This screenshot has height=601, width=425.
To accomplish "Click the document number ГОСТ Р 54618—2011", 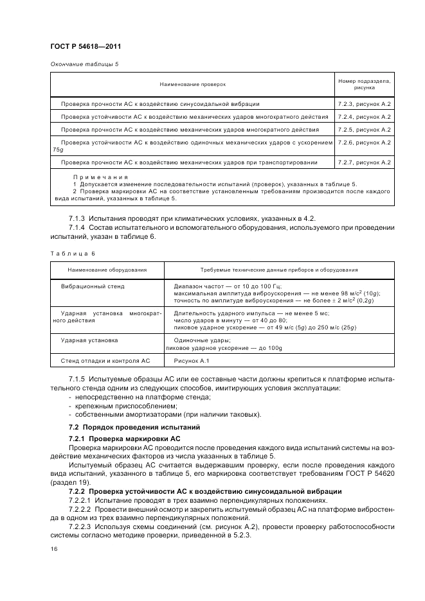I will tap(86, 47).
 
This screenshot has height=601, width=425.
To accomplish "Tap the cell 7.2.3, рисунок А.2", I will tap(364, 103).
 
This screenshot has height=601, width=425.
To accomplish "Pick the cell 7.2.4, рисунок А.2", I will tap(364, 117).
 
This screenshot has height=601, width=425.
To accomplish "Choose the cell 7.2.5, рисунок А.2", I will tap(364, 130).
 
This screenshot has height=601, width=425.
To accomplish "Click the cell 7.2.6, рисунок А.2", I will tap(364, 143).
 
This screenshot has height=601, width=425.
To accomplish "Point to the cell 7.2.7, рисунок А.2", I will tap(364, 162).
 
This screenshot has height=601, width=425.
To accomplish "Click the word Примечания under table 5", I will tap(100, 177).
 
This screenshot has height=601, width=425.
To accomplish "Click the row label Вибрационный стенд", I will tap(93, 286).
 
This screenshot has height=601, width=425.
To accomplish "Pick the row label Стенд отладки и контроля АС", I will tap(105, 362).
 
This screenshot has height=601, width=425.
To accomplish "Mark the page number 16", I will tap(53, 550).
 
